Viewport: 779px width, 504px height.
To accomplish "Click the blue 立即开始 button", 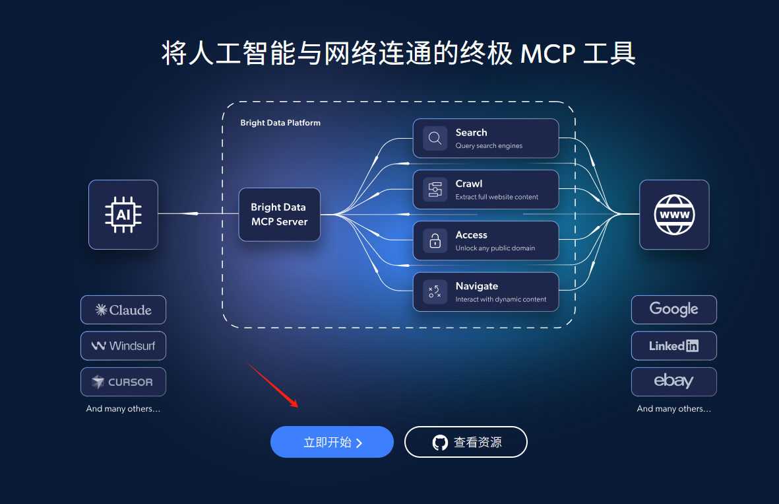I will point(332,442).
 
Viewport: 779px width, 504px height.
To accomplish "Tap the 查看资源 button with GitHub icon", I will point(466,442).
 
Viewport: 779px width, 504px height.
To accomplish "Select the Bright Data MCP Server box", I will point(279,215).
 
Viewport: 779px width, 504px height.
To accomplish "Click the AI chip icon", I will point(123,215).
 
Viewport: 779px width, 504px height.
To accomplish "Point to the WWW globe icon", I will point(674,215).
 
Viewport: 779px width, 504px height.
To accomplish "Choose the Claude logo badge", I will point(123,310).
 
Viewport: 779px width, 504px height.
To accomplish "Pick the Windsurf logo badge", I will point(123,345).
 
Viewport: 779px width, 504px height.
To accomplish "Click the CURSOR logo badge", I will point(123,382).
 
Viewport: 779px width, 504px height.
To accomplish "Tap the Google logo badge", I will point(673,310).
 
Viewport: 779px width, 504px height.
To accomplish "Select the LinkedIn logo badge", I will point(673,345).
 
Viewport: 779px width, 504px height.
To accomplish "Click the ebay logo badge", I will point(673,382).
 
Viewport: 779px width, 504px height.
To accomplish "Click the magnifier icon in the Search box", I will point(435,138).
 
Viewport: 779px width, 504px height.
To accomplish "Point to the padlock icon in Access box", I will point(435,241).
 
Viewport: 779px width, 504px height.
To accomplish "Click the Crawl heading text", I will point(468,184).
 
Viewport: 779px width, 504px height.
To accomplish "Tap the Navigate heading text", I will point(476,286).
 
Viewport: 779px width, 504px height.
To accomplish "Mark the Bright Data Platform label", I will point(280,123).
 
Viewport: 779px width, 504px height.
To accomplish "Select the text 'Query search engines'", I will point(489,146).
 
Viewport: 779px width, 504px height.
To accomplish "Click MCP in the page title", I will point(547,54).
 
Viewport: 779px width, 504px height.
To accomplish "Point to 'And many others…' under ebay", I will point(673,409).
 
